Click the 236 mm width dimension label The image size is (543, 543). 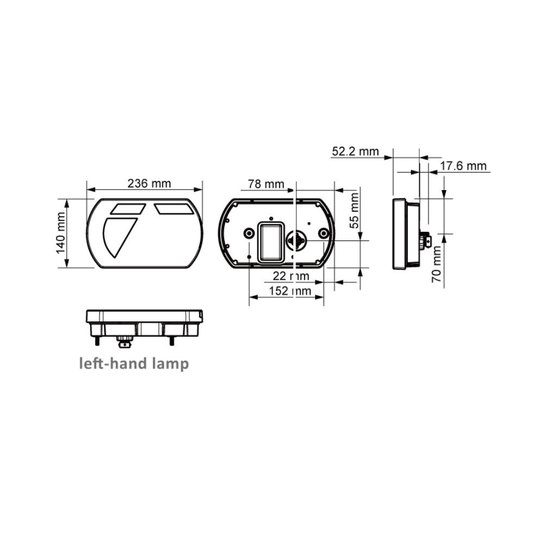pyautogui.click(x=149, y=183)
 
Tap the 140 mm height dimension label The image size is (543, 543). pyautogui.click(x=61, y=233)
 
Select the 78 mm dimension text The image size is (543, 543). pyautogui.click(x=266, y=184)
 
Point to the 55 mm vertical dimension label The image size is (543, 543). pyautogui.click(x=355, y=211)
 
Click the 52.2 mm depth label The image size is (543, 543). pyautogui.click(x=355, y=151)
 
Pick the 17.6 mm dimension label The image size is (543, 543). pyautogui.click(x=463, y=166)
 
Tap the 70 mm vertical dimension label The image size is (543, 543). pyautogui.click(x=437, y=264)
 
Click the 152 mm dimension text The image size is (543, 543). pyautogui.click(x=290, y=291)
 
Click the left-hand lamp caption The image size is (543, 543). pyautogui.click(x=134, y=364)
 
